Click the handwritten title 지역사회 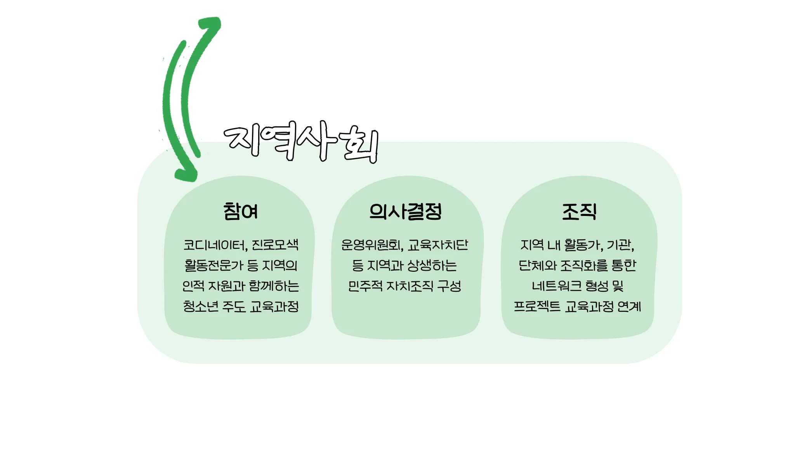click(x=301, y=142)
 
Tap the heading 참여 click(x=241, y=212)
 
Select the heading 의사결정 click(x=406, y=212)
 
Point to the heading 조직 click(x=579, y=212)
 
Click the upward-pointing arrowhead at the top click(x=211, y=25)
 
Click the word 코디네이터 click(x=215, y=245)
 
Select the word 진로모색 click(x=275, y=245)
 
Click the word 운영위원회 click(x=372, y=245)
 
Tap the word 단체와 click(x=538, y=266)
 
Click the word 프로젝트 click(x=537, y=307)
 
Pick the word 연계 click(x=629, y=307)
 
